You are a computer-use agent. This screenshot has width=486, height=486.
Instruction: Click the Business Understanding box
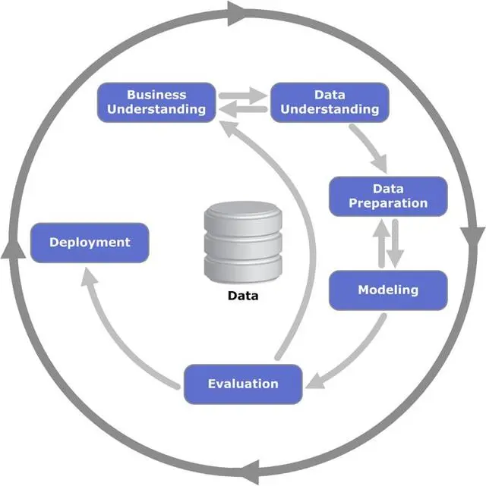[x=156, y=102]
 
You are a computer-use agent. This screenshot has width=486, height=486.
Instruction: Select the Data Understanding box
[x=330, y=102]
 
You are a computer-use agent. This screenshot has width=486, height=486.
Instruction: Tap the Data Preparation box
[x=388, y=196]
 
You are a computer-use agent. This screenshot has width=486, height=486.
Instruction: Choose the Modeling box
[x=388, y=290]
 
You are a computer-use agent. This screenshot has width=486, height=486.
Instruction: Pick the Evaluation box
[x=243, y=384]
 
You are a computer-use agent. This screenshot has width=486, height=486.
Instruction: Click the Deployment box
[x=90, y=243]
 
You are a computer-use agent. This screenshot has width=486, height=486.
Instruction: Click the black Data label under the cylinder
[x=243, y=296]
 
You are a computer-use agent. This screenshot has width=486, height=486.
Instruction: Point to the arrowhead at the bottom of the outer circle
[x=254, y=468]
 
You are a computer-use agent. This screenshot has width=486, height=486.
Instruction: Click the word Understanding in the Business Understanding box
[x=156, y=109]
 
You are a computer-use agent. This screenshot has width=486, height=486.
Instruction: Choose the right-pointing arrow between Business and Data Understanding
[x=245, y=96]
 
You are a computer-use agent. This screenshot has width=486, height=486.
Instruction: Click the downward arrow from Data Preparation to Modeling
[x=396, y=244]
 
